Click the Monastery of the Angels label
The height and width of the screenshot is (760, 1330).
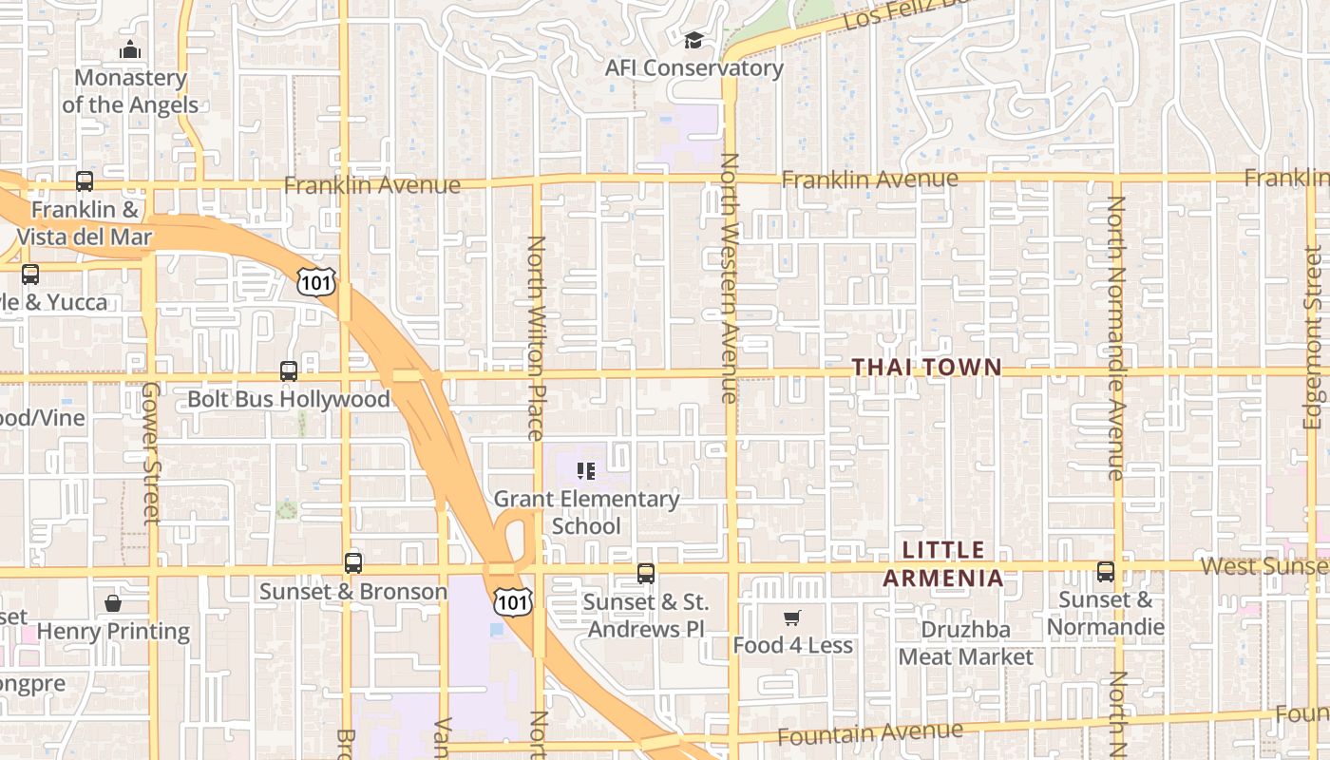(130, 91)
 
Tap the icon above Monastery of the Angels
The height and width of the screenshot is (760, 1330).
(130, 49)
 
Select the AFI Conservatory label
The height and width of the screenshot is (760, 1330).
(694, 68)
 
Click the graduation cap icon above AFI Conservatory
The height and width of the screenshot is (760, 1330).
(693, 41)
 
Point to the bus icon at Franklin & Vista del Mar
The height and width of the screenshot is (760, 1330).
(85, 181)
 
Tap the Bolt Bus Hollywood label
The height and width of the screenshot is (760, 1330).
(289, 398)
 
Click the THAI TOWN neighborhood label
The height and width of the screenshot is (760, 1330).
(926, 367)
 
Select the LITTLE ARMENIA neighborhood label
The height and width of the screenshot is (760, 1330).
(943, 563)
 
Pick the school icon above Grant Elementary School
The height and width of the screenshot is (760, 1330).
(586, 470)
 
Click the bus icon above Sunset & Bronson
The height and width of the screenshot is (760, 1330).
(353, 563)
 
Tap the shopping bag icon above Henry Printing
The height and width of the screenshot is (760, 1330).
(113, 603)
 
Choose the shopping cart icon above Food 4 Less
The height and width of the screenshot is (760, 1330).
(792, 618)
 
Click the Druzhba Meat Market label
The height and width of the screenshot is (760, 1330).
(966, 643)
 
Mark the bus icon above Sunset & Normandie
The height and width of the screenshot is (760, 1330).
(1106, 572)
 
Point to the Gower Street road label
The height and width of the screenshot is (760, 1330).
(151, 453)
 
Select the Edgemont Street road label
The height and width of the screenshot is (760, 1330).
(1313, 337)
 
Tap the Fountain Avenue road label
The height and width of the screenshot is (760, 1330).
(870, 732)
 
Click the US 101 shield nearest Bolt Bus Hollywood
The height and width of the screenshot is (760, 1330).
(315, 280)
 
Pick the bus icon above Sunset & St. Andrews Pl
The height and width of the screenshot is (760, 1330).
(646, 574)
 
